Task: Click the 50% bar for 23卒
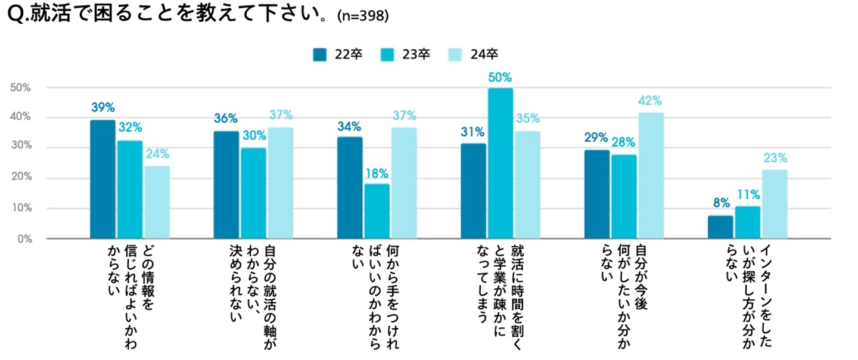pyautogui.click(x=500, y=163)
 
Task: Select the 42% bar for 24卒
pyautogui.click(x=651, y=176)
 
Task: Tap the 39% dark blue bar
pyautogui.click(x=102, y=179)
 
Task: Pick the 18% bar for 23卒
pyautogui.click(x=377, y=212)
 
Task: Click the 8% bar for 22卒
pyautogui.click(x=720, y=227)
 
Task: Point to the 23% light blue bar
pyautogui.click(x=775, y=204)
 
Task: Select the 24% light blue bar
pyautogui.click(x=157, y=203)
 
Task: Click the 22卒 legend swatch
pyautogui.click(x=320, y=54)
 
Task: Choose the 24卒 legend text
pyautogui.click(x=484, y=54)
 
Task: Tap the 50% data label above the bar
pyautogui.click(x=500, y=77)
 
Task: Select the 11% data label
pyautogui.click(x=748, y=195)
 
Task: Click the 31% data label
pyautogui.click(x=473, y=132)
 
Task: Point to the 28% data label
pyautogui.click(x=624, y=144)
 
